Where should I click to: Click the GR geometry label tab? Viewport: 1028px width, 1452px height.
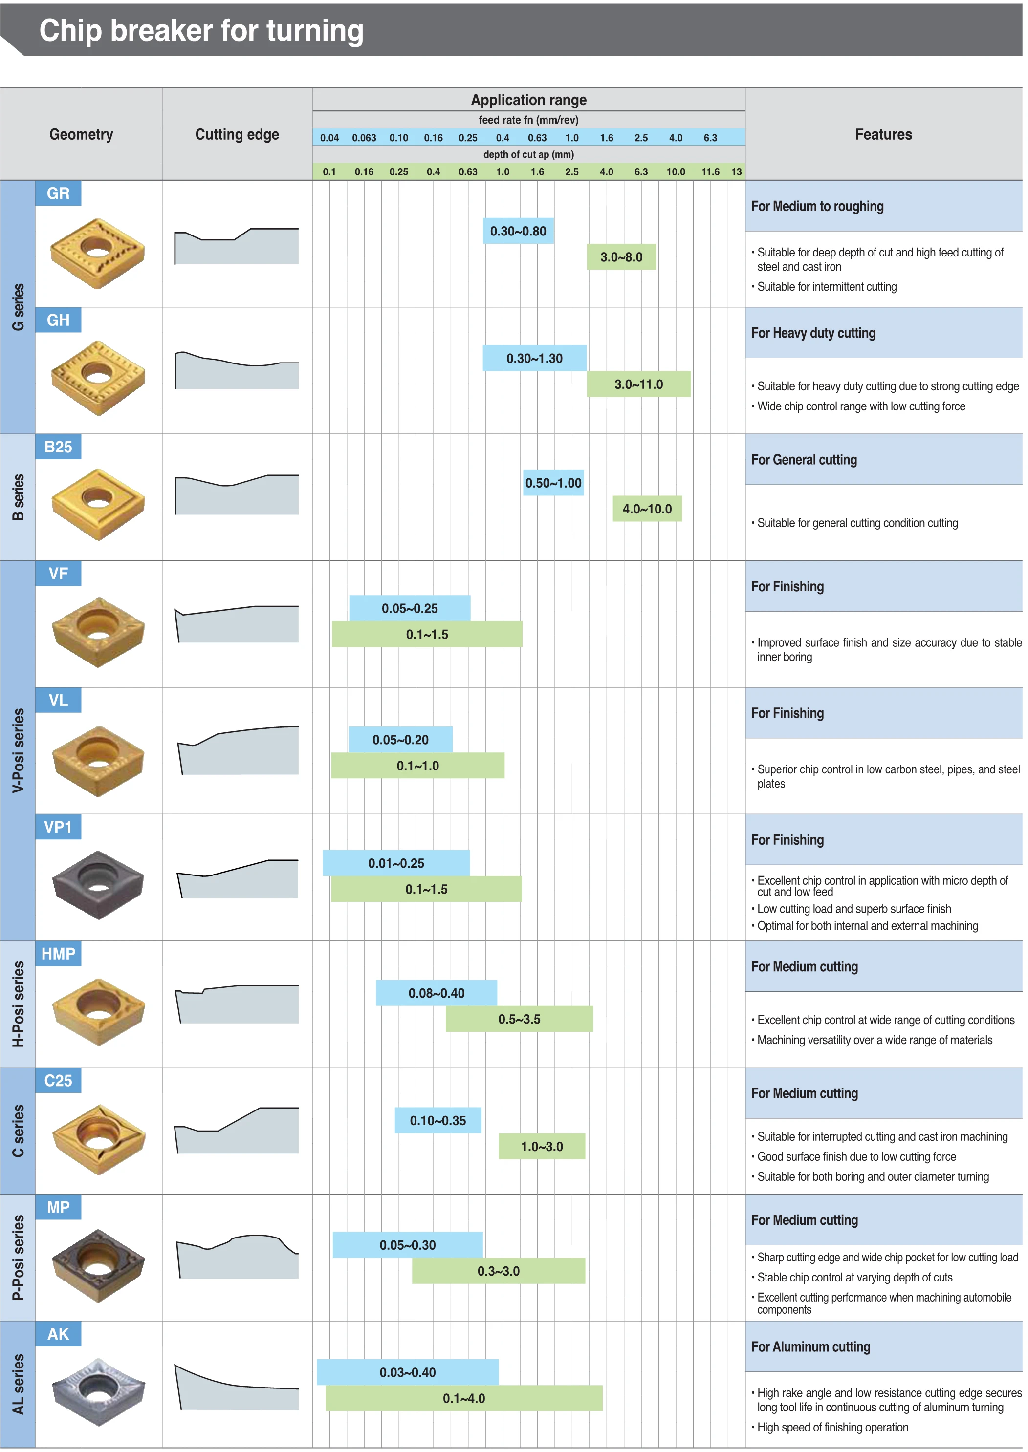[x=58, y=193]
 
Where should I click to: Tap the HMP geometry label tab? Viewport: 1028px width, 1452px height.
[x=58, y=954]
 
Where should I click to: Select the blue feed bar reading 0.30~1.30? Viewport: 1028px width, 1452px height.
[x=534, y=358]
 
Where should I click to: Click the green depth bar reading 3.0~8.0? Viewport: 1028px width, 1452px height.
[x=621, y=257]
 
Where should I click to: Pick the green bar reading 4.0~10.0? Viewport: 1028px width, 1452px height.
[x=647, y=509]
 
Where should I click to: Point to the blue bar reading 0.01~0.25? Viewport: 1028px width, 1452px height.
[x=396, y=863]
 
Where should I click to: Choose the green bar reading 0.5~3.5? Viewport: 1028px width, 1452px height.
[x=519, y=1019]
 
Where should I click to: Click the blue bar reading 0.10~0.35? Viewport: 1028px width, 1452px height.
[x=437, y=1120]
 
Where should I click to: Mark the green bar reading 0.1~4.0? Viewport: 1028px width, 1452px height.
[x=464, y=1398]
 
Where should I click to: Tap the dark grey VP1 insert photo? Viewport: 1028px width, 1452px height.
[x=98, y=884]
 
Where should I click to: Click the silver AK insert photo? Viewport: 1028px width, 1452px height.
[x=98, y=1391]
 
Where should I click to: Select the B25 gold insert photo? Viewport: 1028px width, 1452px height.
[x=98, y=504]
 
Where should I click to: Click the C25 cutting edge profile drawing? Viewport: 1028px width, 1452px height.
[x=237, y=1130]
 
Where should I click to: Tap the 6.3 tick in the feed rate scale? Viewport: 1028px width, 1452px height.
[x=710, y=138]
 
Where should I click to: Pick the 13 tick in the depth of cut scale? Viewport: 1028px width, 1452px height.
[x=736, y=172]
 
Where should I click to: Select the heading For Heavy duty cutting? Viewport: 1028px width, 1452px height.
[x=813, y=333]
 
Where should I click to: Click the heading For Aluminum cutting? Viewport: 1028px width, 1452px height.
[x=810, y=1346]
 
